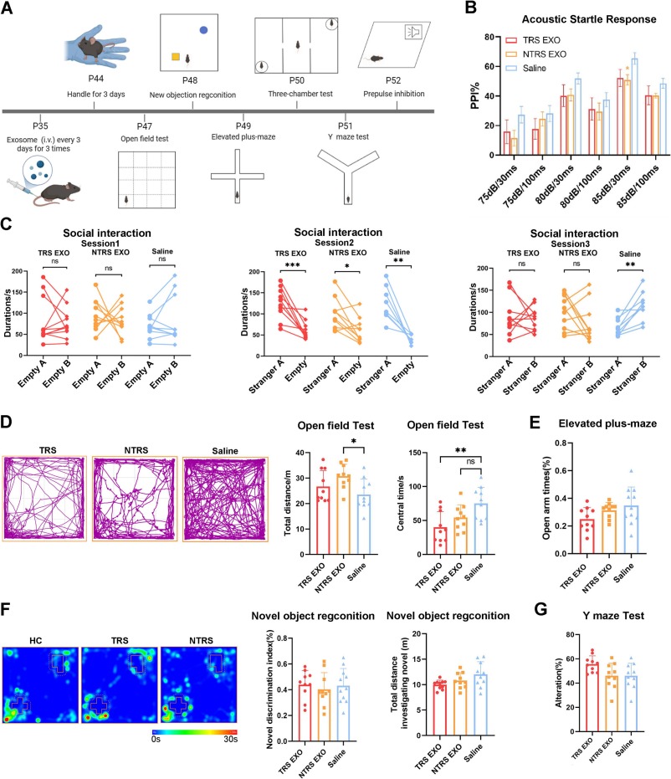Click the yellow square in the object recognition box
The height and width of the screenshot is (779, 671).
(176, 56)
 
